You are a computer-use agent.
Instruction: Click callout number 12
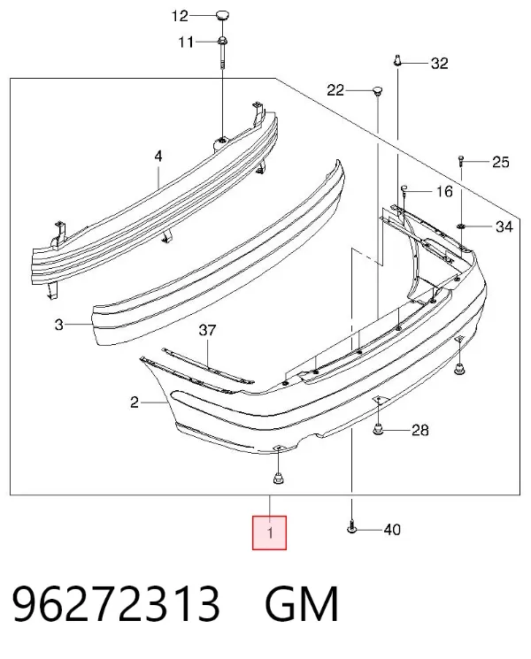180,17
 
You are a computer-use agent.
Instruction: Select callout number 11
186,42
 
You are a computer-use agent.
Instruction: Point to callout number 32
440,64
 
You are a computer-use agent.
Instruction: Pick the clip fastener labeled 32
397,60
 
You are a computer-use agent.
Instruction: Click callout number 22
335,90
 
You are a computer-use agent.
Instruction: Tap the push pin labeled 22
378,91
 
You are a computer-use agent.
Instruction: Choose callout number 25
500,162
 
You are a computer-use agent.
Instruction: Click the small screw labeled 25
461,160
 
